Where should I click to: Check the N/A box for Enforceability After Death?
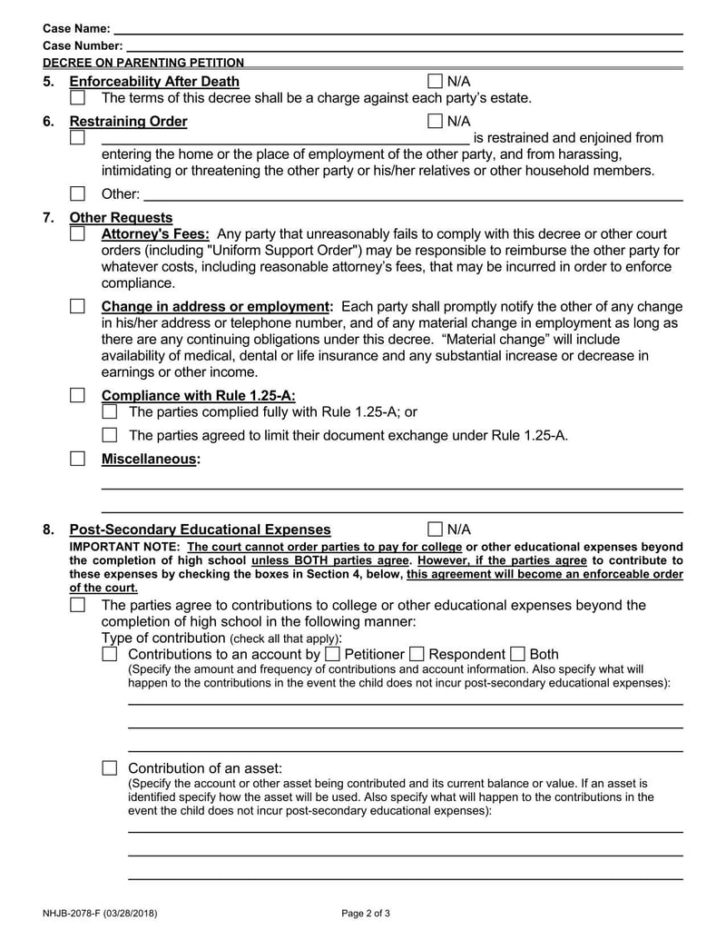(435, 82)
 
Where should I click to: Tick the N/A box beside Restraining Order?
(435, 121)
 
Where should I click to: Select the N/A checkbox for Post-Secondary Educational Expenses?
(435, 529)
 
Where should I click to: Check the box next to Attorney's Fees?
(78, 234)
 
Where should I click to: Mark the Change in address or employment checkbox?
(78, 307)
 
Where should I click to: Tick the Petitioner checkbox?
(333, 654)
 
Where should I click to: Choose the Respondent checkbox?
(417, 654)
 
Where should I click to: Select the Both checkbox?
(517, 654)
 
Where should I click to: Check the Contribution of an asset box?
(110, 768)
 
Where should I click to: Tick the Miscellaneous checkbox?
(78, 459)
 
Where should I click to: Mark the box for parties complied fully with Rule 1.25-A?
(110, 412)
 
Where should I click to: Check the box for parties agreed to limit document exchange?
(110, 435)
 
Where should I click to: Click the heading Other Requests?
(121, 218)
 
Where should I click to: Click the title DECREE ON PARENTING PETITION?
(143, 63)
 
